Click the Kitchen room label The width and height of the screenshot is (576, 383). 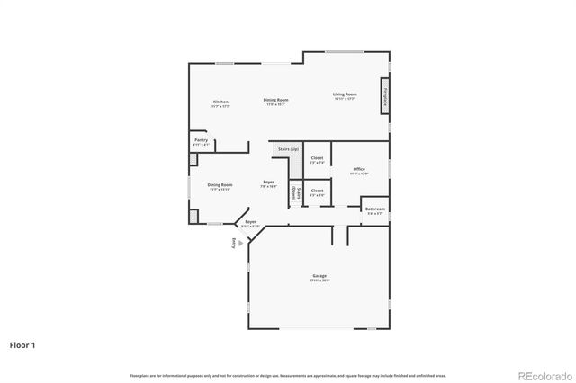point(220,102)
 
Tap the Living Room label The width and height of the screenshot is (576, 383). point(345,94)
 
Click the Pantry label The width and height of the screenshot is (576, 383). point(200,140)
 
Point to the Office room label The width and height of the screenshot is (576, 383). point(358,169)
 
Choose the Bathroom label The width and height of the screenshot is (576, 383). point(374,209)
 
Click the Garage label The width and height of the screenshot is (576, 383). point(319,275)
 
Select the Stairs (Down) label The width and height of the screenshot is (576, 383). point(294,192)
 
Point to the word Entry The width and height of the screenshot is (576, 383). point(233,243)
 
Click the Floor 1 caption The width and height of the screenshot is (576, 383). point(23,344)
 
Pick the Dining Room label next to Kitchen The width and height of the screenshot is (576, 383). point(275,99)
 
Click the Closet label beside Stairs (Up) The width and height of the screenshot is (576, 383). point(317,158)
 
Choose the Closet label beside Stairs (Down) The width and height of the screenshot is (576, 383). point(317,191)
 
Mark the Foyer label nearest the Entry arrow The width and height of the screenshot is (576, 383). point(251,221)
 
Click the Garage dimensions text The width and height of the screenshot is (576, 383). point(319,281)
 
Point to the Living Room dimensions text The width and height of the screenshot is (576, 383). point(345,99)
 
